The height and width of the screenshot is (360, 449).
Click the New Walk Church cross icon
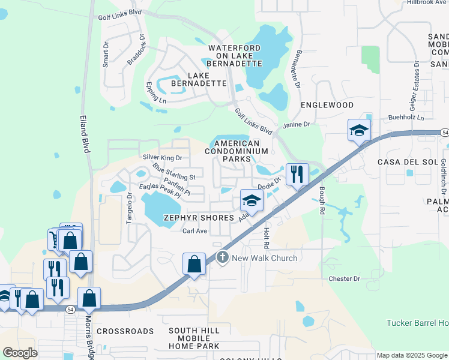(223, 258)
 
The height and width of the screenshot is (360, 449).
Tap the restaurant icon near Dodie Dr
(297, 175)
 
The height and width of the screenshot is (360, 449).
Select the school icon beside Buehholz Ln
(359, 130)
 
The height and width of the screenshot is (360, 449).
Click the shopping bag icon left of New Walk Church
(194, 264)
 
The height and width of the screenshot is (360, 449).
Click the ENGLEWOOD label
(327, 105)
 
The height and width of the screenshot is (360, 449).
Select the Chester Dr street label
(344, 279)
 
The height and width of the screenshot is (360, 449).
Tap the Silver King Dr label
(162, 157)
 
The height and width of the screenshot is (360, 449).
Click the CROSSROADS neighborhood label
(125, 331)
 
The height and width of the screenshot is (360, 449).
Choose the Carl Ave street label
(194, 231)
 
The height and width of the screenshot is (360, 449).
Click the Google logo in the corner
(20, 352)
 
